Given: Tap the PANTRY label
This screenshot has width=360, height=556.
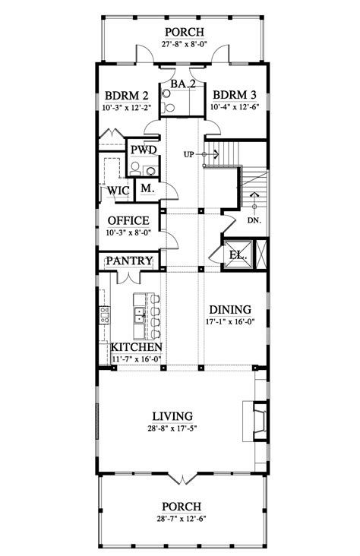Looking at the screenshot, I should click(x=130, y=261).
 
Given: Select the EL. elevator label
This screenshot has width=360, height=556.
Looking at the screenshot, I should click(x=238, y=255).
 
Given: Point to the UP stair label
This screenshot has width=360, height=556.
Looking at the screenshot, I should click(x=191, y=155).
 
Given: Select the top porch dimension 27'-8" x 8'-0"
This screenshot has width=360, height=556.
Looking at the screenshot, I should click(x=181, y=45).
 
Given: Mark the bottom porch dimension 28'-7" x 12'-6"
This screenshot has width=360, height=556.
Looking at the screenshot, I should click(x=181, y=518).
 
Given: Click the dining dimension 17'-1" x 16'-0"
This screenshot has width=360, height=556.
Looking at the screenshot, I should click(x=229, y=322).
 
